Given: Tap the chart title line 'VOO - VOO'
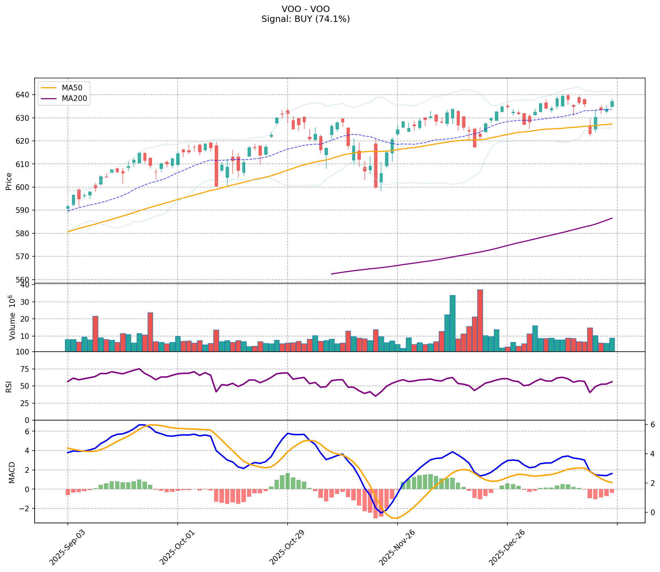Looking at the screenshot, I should click(306, 9).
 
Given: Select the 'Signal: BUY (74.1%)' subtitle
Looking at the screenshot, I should click(306, 19).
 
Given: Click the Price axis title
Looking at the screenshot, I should click(9, 181).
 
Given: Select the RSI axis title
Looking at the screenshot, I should click(9, 386).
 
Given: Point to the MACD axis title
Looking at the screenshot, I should click(12, 472).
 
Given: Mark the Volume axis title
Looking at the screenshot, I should click(12, 318).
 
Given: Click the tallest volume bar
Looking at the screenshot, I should click(480, 320).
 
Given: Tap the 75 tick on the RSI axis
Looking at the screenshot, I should click(26, 369).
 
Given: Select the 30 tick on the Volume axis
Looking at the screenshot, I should click(26, 302).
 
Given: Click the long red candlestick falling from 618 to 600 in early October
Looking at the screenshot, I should click(216, 166).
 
